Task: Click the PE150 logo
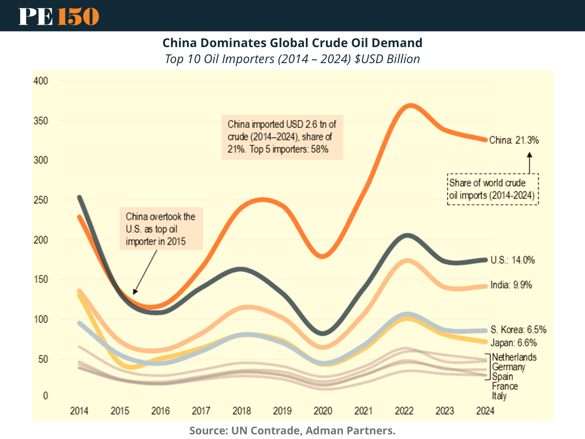click(58, 16)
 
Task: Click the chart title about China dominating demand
click(292, 43)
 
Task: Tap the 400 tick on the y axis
click(41, 81)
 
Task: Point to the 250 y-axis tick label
click(41, 200)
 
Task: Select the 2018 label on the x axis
click(241, 411)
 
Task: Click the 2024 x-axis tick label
click(485, 411)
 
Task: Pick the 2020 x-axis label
click(323, 411)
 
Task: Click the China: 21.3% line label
click(514, 140)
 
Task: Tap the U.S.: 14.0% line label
click(512, 260)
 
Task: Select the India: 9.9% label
click(511, 285)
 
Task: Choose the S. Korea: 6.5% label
click(518, 330)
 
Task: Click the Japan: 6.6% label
click(514, 343)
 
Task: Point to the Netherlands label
click(514, 357)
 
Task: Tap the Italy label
click(499, 396)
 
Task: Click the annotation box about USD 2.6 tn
click(282, 137)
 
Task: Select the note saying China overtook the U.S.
click(160, 229)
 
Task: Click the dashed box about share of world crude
click(493, 189)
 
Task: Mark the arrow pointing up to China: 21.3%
click(530, 163)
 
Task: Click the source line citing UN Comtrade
click(292, 430)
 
